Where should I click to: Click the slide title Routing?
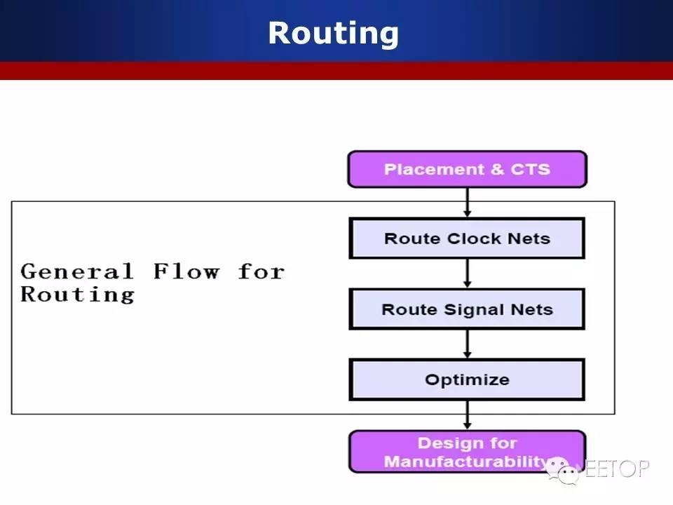tap(334, 34)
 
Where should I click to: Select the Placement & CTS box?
tap(467, 169)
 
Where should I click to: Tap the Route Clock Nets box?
tap(467, 238)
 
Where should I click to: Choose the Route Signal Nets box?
tap(467, 309)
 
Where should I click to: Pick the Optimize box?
tap(467, 379)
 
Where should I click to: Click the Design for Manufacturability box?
tap(467, 452)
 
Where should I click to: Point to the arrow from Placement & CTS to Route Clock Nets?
tap(468, 202)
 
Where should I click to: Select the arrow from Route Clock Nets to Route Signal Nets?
tap(468, 273)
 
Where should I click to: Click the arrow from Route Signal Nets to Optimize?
tap(468, 344)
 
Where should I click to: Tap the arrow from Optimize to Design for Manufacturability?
tap(468, 415)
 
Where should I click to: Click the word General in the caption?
tap(77, 271)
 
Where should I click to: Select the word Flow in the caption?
tap(186, 271)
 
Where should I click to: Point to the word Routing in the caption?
tap(78, 295)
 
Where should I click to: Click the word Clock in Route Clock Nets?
tap(474, 238)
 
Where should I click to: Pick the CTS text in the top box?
tap(530, 169)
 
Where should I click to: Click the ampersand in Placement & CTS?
tap(497, 169)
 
